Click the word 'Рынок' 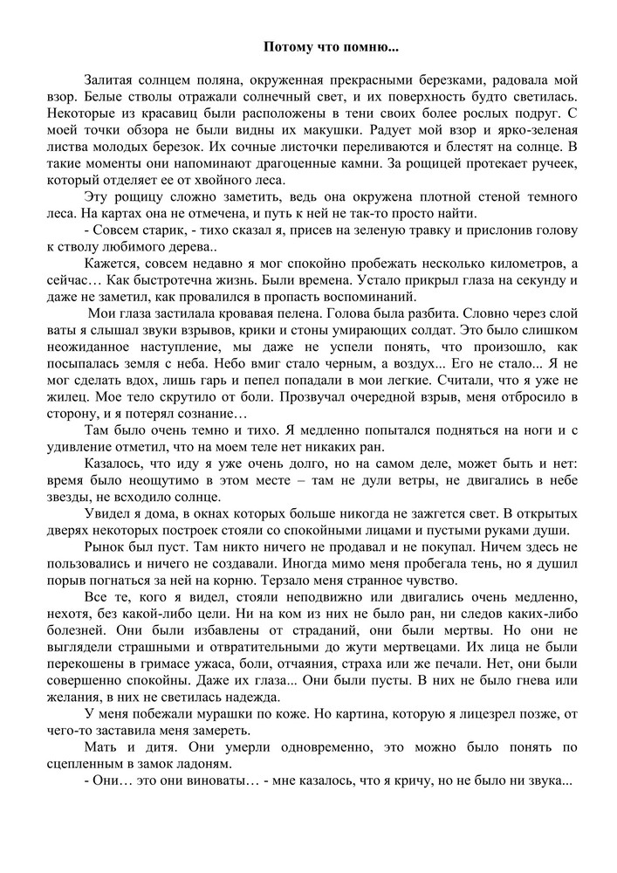[x=106, y=546]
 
